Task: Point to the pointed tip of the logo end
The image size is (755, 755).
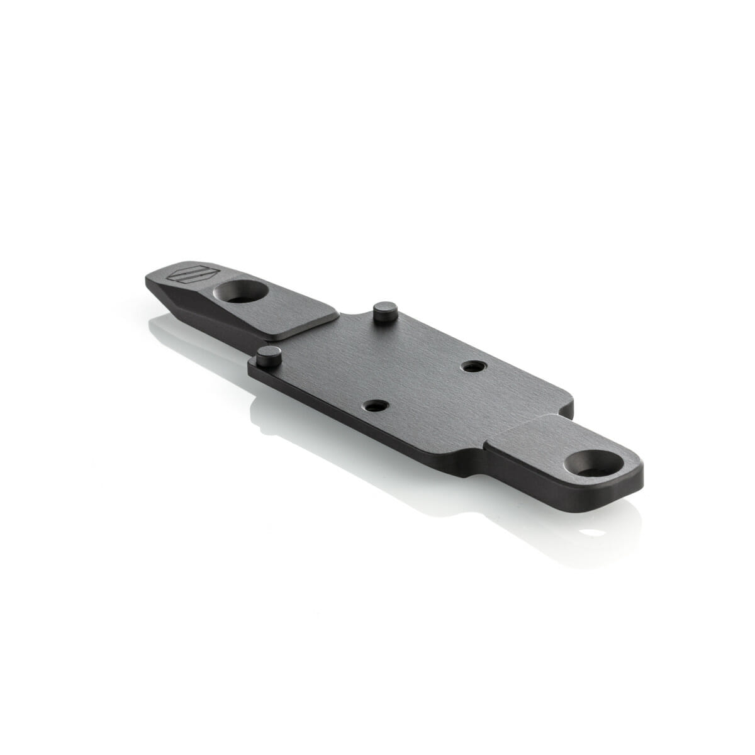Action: click(148, 279)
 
